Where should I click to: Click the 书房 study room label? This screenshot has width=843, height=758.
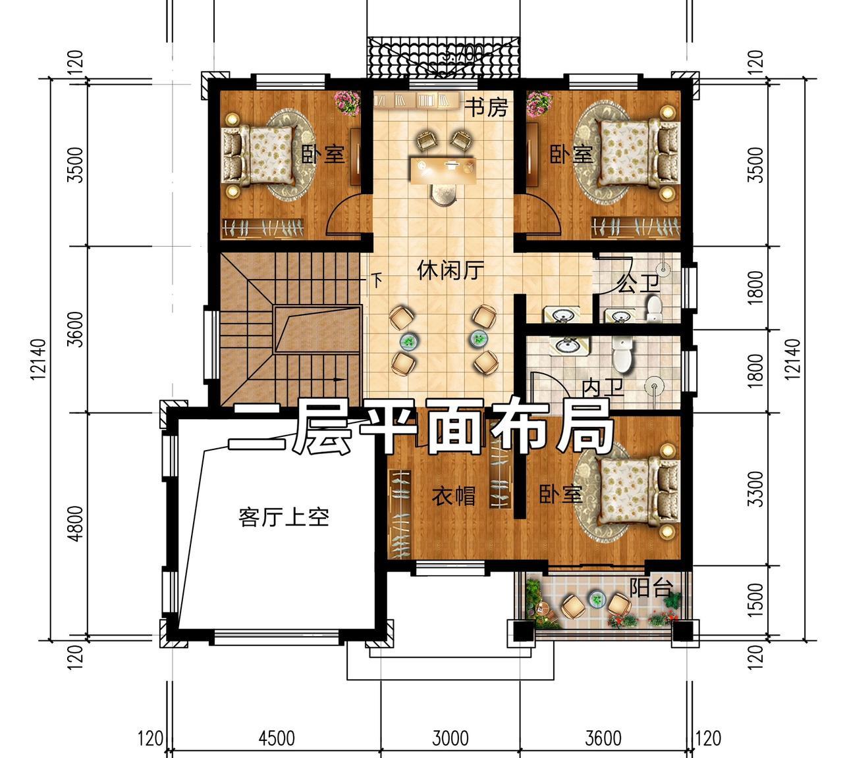tap(486, 107)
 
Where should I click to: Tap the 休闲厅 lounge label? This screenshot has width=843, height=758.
tap(450, 270)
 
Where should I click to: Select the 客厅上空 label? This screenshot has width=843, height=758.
tap(284, 517)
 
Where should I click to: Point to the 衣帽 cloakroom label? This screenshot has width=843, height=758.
tap(453, 496)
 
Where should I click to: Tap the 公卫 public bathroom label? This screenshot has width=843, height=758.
tap(638, 284)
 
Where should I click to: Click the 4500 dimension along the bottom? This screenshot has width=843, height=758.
tap(277, 738)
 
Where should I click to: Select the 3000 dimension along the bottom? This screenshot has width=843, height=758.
tap(450, 738)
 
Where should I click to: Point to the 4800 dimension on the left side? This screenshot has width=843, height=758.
tap(76, 524)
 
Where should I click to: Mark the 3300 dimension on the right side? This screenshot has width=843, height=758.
tap(755, 489)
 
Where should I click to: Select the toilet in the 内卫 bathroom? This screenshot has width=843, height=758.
tap(622, 355)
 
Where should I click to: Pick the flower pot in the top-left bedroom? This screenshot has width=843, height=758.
tap(347, 103)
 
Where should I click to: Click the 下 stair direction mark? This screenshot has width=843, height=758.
tap(377, 280)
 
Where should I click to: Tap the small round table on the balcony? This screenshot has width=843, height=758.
tap(596, 598)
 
